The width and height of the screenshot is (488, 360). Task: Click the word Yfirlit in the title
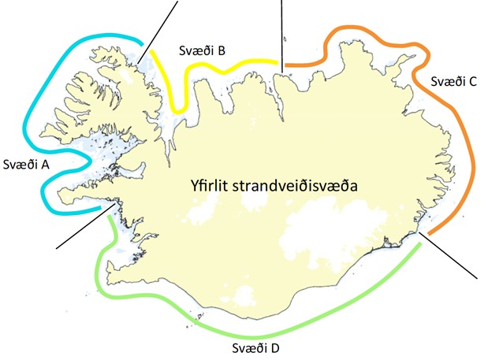(212, 186)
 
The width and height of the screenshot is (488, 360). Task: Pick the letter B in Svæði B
(222, 51)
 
